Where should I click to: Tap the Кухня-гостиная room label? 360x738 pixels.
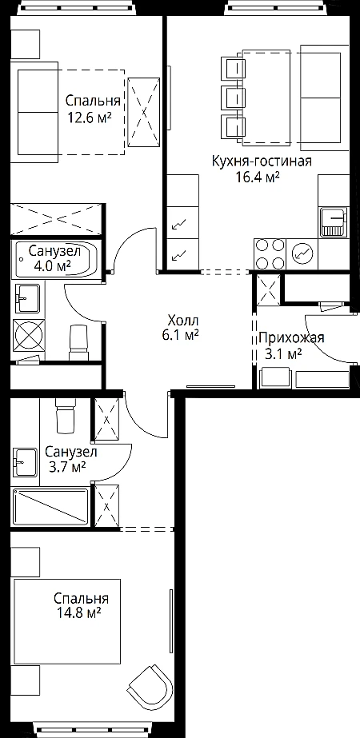[262, 162]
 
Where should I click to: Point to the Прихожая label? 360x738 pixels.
[291, 338]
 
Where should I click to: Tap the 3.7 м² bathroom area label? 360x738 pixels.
[68, 467]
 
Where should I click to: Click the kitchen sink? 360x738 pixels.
[334, 222]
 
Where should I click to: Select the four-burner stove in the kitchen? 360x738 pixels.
[270, 254]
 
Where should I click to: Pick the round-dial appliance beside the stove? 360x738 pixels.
[302, 254]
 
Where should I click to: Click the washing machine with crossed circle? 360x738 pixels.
[29, 334]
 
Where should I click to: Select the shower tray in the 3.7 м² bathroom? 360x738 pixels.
[50, 508]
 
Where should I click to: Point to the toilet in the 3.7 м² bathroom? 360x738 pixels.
[66, 414]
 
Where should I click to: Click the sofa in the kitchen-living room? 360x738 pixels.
[321, 98]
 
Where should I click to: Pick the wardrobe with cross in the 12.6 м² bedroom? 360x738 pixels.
[144, 112]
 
